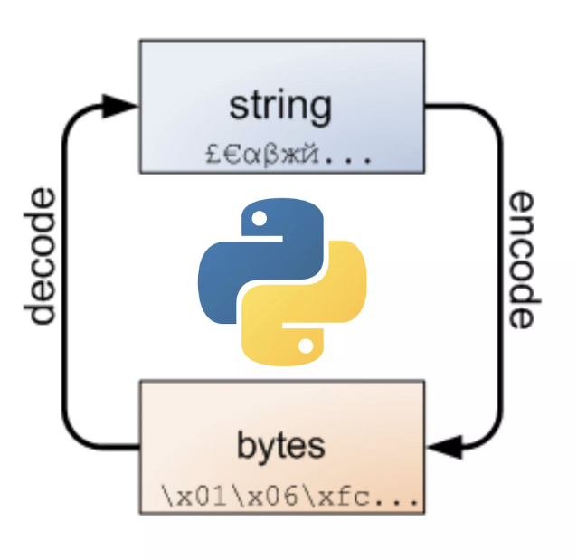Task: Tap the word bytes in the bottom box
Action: [281, 446]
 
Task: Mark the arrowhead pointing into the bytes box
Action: [443, 446]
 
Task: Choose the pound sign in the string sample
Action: [212, 154]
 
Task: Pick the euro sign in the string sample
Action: [229, 154]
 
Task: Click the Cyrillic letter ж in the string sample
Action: [280, 155]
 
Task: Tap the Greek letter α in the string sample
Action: [246, 155]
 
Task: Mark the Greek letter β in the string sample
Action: [263, 155]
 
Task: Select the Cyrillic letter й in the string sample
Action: [298, 154]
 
